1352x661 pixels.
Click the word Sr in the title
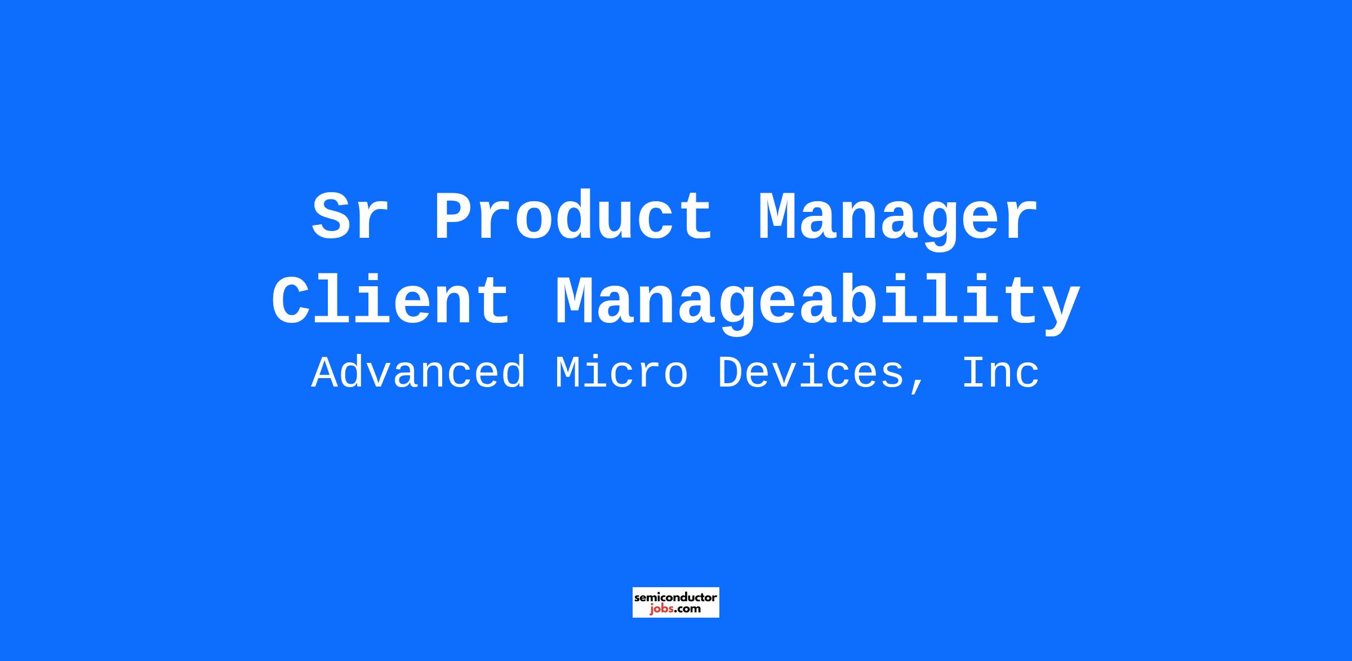click(x=350, y=217)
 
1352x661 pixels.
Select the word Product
click(x=573, y=216)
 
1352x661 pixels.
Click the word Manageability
click(x=817, y=304)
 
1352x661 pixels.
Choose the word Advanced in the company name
click(x=419, y=372)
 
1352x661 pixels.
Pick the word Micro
click(x=622, y=372)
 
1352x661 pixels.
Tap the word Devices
click(x=811, y=372)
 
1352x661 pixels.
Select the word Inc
click(x=1000, y=372)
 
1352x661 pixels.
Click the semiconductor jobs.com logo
click(x=676, y=602)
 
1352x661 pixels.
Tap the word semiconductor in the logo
click(x=676, y=597)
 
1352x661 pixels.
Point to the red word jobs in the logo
click(x=660, y=609)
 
